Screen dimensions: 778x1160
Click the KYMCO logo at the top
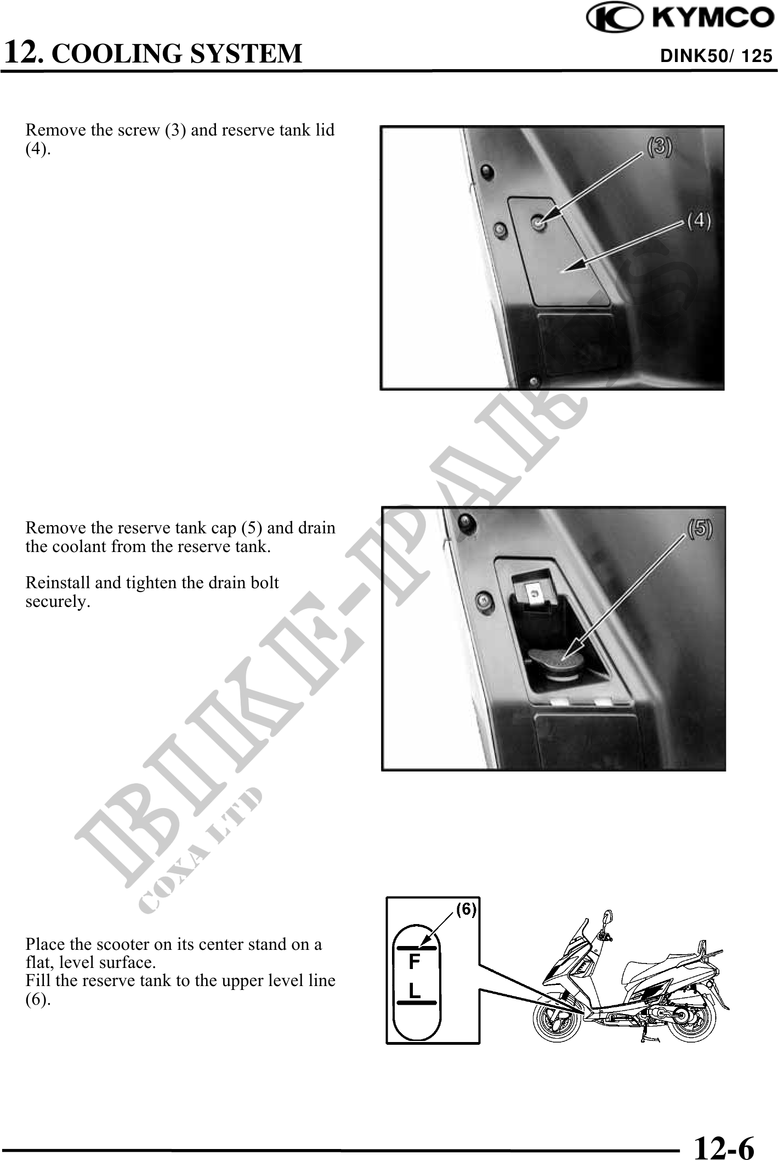tap(680, 18)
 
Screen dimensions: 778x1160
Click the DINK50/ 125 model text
tap(717, 56)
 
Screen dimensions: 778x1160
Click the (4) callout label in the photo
tap(699, 221)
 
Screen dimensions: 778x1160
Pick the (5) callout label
tap(700, 528)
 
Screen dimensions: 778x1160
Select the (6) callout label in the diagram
tap(466, 909)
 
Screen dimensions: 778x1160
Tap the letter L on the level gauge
tap(414, 990)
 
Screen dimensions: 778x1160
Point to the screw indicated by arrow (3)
tap(539, 222)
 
